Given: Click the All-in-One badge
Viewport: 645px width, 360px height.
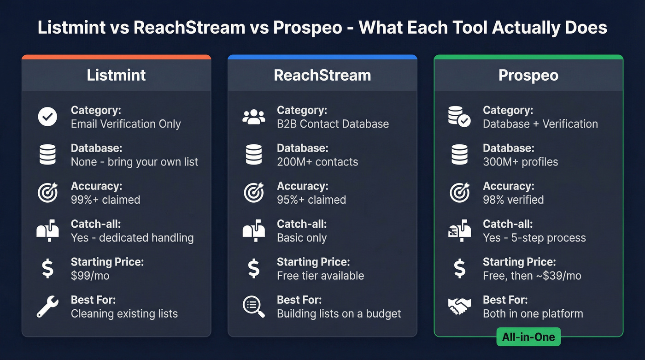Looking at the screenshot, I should pos(528,337).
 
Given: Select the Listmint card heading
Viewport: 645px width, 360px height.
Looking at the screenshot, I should pos(116,75).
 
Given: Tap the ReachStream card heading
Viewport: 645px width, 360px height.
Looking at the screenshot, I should pos(322,75).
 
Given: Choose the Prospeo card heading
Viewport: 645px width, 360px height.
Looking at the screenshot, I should pos(528,75).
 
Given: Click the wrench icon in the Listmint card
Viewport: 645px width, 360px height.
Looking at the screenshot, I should pos(47,307).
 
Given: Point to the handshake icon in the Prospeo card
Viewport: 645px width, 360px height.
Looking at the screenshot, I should pos(459,306).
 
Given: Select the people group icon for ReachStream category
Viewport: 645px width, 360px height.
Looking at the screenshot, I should pos(254,117).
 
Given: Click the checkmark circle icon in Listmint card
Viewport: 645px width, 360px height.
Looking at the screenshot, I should pos(47,117).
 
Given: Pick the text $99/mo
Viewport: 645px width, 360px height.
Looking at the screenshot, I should pos(90,276).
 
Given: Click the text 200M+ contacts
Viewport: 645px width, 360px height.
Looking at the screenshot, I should pos(317,162).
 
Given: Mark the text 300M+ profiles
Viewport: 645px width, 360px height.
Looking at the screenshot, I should pos(520,162).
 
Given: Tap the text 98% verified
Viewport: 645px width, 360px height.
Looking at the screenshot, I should pos(513,200).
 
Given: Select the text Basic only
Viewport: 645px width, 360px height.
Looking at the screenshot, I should pos(301,238).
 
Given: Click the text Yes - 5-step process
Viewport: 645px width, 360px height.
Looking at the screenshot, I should pos(534,238).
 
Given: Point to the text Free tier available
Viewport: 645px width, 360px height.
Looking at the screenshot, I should pos(320,276).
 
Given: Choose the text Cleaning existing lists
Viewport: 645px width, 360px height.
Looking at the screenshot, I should pos(124,314).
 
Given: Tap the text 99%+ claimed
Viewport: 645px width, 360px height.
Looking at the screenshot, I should pos(105,200).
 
